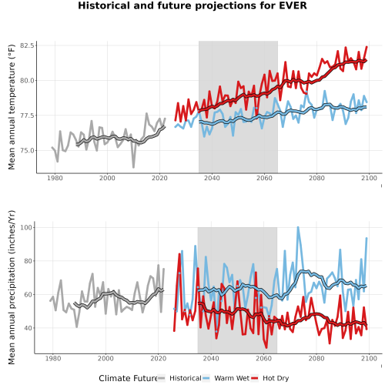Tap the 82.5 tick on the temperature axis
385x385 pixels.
(x=27, y=45)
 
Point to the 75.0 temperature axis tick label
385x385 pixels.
(x=27, y=151)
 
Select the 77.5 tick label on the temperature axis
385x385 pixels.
(x=27, y=115)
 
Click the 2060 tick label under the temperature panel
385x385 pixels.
(x=264, y=178)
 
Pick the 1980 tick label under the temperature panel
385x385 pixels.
(x=55, y=178)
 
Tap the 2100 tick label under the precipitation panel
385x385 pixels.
(x=369, y=358)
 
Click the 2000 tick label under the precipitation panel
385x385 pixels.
(x=105, y=358)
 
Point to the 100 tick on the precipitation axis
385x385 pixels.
(x=27, y=228)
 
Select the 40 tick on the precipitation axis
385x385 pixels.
(x=28, y=328)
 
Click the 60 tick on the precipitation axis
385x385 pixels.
(x=28, y=295)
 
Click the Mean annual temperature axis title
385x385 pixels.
(x=12, y=107)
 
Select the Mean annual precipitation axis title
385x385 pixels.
(x=12, y=287)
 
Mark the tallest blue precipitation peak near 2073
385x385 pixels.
(x=298, y=227)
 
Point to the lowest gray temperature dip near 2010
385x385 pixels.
(x=134, y=167)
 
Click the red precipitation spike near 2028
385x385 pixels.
(x=179, y=254)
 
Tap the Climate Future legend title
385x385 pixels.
(x=128, y=378)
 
